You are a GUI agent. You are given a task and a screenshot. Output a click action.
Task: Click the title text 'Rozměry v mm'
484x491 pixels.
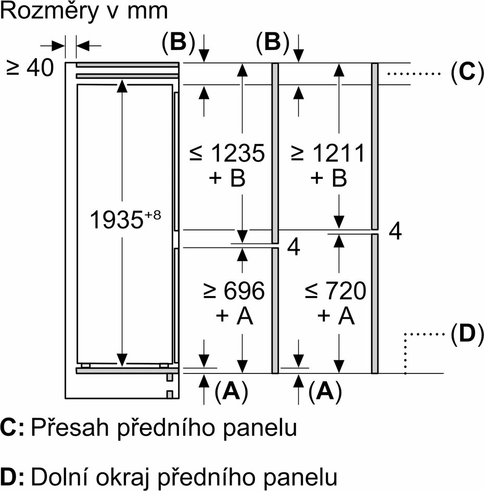click(84, 12)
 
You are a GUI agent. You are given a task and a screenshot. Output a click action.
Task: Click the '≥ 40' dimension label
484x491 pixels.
click(30, 68)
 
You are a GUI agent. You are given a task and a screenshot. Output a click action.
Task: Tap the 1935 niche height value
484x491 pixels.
click(116, 219)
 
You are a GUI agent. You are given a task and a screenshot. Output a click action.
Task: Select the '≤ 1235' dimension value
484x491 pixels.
click(227, 153)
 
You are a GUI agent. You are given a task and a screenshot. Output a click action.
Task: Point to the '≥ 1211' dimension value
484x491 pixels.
click(328, 153)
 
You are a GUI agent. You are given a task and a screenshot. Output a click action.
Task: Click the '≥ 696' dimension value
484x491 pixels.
click(234, 291)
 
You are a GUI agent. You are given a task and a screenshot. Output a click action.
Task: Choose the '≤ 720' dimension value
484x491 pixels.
click(335, 291)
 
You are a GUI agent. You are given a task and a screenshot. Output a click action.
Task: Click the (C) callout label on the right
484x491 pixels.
click(467, 73)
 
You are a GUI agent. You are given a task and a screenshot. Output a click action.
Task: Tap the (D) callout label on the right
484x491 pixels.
click(467, 334)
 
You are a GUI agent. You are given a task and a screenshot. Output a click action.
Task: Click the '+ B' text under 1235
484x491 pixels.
click(227, 178)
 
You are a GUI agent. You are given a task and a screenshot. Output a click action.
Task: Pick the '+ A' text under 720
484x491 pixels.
click(336, 316)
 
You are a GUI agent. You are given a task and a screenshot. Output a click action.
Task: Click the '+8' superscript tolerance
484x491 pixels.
click(152, 215)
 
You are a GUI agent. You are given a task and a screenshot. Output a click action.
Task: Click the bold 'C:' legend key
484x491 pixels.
click(12, 427)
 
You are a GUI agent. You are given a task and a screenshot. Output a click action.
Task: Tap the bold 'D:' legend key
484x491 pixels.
click(12, 476)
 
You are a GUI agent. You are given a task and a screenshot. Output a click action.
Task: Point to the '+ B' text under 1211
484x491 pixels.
click(328, 178)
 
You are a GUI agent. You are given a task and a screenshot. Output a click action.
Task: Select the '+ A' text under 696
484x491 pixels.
click(234, 316)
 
